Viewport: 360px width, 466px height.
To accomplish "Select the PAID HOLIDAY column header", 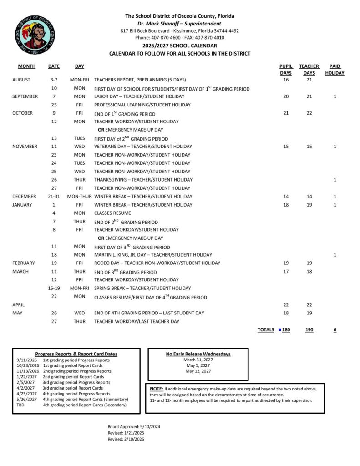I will point(335,70).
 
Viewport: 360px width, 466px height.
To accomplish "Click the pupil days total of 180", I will point(286,329).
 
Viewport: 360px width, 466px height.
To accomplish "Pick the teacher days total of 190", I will point(309,329).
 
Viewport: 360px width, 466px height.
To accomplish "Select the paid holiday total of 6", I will point(335,329).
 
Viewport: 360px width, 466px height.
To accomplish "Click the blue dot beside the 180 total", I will point(279,329).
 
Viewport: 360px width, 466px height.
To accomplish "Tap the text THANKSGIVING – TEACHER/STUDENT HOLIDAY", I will point(143,180).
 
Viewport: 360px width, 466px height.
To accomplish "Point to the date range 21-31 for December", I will point(54,196).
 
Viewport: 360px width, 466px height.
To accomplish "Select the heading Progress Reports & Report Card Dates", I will point(76,354).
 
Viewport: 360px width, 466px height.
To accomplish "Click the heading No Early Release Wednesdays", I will point(198,354).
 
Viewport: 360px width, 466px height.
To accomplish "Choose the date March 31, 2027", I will point(198,360).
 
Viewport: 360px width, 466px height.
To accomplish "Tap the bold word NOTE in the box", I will point(157,389).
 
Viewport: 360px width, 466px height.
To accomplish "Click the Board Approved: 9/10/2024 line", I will point(134,426).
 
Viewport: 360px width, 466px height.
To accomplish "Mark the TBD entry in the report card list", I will point(20,405).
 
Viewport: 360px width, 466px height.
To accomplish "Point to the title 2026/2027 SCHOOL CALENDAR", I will point(179,46).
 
